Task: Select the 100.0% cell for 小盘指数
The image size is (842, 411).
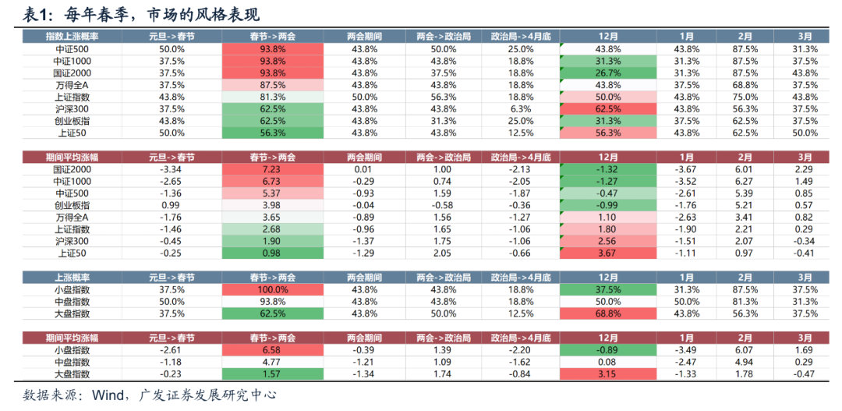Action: pos(272,289)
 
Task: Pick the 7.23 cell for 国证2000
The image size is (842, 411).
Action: pos(272,169)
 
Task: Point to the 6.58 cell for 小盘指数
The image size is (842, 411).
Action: pos(272,350)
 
